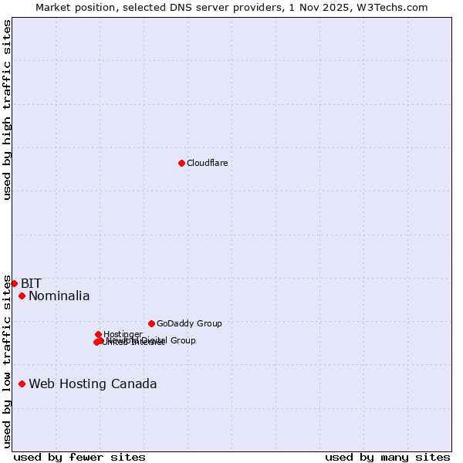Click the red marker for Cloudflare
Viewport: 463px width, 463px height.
click(181, 163)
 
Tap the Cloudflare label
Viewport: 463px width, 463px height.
click(207, 163)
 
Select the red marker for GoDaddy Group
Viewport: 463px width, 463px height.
click(151, 323)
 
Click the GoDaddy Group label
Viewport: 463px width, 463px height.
click(189, 323)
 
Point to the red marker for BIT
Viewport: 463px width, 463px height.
click(14, 283)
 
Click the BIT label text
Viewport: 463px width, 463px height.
click(31, 283)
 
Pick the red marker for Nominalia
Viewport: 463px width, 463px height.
click(22, 296)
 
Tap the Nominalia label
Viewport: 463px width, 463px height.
click(59, 296)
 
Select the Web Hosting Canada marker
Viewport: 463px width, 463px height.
click(22, 384)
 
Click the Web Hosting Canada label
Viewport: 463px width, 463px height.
click(93, 384)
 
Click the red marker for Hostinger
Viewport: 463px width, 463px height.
click(98, 334)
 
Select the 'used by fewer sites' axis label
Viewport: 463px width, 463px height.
click(79, 457)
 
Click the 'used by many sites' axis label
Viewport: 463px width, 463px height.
click(387, 457)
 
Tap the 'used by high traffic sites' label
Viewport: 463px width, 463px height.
click(7, 110)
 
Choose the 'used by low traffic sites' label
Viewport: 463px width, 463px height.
click(7, 360)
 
